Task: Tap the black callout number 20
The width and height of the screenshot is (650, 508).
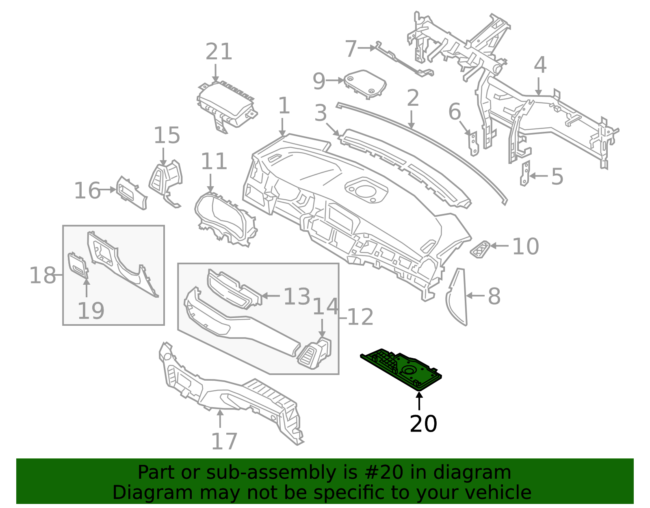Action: point(423,424)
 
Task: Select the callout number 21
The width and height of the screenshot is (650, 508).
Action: point(219,52)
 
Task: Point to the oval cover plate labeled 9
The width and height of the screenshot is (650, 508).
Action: point(365,83)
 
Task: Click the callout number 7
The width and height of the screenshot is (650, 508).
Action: point(350,48)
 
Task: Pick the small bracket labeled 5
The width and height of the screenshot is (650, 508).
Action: point(525,173)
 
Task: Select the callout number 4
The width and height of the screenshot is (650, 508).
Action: point(539,65)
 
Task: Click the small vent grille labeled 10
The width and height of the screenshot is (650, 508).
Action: point(481,249)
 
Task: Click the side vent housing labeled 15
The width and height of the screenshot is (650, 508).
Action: point(166,179)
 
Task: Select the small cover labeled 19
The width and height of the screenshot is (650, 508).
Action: point(78,266)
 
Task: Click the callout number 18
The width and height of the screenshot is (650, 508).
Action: point(42,276)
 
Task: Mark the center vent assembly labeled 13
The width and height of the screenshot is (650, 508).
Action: point(234,288)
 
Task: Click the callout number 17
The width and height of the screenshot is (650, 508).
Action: point(224,441)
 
